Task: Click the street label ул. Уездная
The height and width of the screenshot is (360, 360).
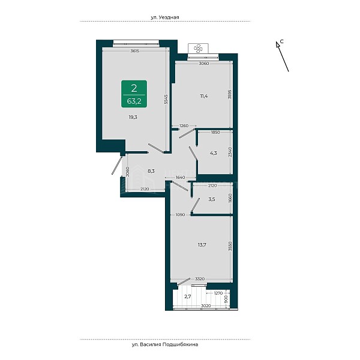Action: pyautogui.click(x=165, y=17)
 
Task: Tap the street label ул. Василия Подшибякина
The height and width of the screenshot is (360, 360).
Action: pyautogui.click(x=165, y=344)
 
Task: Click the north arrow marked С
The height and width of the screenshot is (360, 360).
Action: pyautogui.click(x=282, y=56)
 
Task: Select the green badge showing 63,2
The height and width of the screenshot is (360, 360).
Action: pyautogui.click(x=134, y=94)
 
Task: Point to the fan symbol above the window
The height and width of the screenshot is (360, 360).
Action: pyautogui.click(x=198, y=49)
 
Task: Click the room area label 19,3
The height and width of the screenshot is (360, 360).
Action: pyautogui.click(x=133, y=118)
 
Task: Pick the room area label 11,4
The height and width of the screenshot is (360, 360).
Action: pyautogui.click(x=203, y=96)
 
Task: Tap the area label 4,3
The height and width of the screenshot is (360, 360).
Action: pyautogui.click(x=214, y=153)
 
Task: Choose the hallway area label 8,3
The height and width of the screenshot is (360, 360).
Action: pyautogui.click(x=151, y=171)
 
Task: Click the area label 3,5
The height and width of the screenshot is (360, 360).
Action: pyautogui.click(x=212, y=199)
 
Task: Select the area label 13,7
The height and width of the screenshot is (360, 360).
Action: pyautogui.click(x=202, y=245)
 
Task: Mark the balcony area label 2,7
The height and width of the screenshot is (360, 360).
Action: pyautogui.click(x=188, y=296)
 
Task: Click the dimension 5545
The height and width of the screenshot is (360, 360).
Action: pyautogui.click(x=166, y=99)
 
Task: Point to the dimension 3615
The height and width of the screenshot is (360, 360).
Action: pyautogui.click(x=135, y=51)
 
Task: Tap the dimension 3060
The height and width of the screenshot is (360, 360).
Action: pyautogui.click(x=204, y=64)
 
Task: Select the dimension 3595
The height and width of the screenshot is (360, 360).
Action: pyautogui.click(x=230, y=94)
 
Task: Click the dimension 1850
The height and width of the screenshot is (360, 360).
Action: pyautogui.click(x=215, y=132)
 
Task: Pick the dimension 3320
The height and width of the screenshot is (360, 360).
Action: pyautogui.click(x=200, y=279)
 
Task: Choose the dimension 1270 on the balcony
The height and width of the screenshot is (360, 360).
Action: pyautogui.click(x=218, y=293)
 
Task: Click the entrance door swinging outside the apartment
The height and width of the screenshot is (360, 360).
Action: pyautogui.click(x=116, y=166)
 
